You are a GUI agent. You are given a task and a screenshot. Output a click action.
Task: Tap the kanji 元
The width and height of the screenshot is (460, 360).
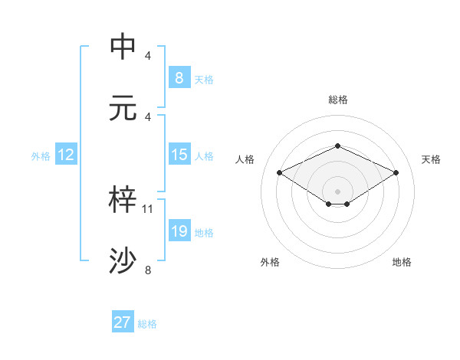(124, 107)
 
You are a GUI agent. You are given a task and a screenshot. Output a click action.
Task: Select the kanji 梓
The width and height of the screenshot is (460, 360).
(124, 199)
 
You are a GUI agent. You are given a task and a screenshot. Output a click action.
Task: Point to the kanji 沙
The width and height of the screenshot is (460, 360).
(124, 260)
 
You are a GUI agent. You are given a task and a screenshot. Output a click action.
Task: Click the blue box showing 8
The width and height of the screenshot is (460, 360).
(179, 77)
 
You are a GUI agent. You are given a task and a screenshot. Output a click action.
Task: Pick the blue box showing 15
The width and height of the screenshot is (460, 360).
(179, 155)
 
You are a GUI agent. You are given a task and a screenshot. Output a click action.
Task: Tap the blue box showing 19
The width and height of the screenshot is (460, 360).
(179, 231)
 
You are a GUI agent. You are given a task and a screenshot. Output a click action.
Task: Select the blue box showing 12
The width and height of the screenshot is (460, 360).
(65, 155)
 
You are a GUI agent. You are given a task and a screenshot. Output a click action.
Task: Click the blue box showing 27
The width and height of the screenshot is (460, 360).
(122, 322)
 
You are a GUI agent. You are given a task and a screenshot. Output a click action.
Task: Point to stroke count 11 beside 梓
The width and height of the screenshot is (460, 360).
(149, 208)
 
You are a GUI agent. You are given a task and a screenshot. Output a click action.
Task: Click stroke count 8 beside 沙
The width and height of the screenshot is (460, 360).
(148, 270)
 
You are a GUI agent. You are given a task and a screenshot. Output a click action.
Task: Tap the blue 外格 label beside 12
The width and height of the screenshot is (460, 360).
(41, 155)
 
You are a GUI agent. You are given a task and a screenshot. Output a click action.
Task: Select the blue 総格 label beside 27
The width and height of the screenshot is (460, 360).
(147, 323)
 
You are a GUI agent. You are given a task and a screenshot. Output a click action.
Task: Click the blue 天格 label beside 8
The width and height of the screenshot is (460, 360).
(204, 78)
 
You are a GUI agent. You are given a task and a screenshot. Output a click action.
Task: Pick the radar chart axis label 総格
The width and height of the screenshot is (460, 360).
(337, 100)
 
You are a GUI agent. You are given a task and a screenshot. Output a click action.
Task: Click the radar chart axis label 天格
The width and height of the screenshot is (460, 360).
(431, 159)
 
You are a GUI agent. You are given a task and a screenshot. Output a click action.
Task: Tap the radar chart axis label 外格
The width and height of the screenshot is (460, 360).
(270, 262)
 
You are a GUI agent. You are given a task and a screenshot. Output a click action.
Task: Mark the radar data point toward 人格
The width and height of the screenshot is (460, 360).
(280, 172)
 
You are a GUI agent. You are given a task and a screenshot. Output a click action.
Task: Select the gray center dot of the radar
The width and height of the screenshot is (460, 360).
(337, 191)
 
